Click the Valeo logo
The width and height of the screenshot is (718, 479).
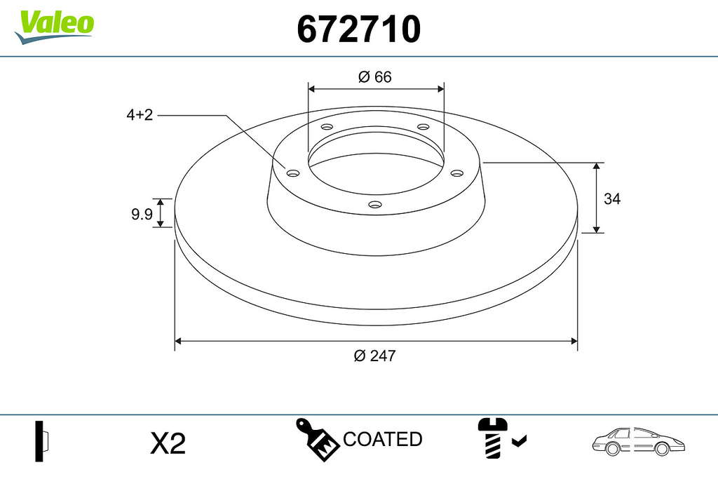click(55, 27)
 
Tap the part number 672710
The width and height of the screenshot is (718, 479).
click(358, 29)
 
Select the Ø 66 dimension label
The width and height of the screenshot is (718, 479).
click(375, 77)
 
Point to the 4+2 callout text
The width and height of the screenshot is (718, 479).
click(140, 114)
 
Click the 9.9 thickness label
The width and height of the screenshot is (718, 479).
click(142, 214)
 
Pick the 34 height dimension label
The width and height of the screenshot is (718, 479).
click(612, 198)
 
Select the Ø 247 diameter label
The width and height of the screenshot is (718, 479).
click(374, 356)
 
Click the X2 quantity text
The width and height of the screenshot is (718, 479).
click(168, 443)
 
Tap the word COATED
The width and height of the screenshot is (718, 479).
click(382, 439)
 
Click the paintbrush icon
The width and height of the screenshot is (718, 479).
click(316, 439)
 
